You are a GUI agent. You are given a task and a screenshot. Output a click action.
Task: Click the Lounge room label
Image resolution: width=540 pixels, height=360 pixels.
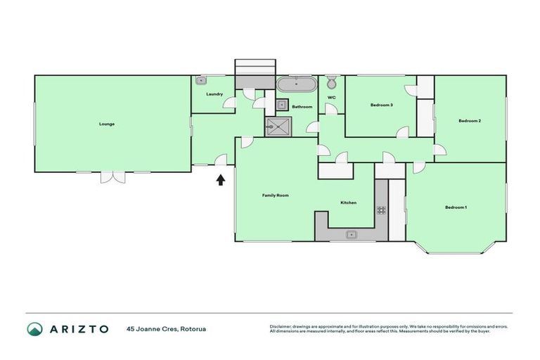pos(107,124)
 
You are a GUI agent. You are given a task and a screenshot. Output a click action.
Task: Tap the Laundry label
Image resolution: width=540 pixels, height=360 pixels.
pos(214,94)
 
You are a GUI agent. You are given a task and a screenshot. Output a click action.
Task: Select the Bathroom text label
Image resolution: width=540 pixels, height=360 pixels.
pos(302,107)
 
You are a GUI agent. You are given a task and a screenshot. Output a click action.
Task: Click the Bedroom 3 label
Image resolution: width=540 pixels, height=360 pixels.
pos(381,105)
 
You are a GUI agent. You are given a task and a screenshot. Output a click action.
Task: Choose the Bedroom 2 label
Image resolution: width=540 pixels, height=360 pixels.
pos(469,121)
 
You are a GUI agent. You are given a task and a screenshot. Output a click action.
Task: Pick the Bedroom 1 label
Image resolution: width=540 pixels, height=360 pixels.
pos(456,207)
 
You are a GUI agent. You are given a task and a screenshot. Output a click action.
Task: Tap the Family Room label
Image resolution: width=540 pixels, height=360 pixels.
pos(276,195)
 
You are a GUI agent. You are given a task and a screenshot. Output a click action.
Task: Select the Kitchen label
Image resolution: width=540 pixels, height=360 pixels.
pos(349,202)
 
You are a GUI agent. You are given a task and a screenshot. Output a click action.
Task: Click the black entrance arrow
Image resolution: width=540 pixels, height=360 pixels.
pos(221,179)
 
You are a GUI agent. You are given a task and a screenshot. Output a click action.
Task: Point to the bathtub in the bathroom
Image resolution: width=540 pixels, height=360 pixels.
pos(295,85)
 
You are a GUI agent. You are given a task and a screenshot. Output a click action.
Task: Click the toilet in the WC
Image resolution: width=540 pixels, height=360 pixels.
pos(332,83)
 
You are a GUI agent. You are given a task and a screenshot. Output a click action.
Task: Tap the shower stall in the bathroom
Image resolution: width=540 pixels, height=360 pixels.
pos(276,127)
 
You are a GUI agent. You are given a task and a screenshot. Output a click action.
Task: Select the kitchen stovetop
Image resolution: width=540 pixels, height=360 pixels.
pos(381,210)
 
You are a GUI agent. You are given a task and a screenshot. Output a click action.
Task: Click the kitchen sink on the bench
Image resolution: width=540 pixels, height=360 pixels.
pos(349,234)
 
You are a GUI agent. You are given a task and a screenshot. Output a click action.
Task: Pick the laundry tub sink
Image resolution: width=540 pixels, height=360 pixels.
pos(200,81)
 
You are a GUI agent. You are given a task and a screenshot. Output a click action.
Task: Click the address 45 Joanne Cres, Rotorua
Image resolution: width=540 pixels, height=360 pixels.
pos(166,329)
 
